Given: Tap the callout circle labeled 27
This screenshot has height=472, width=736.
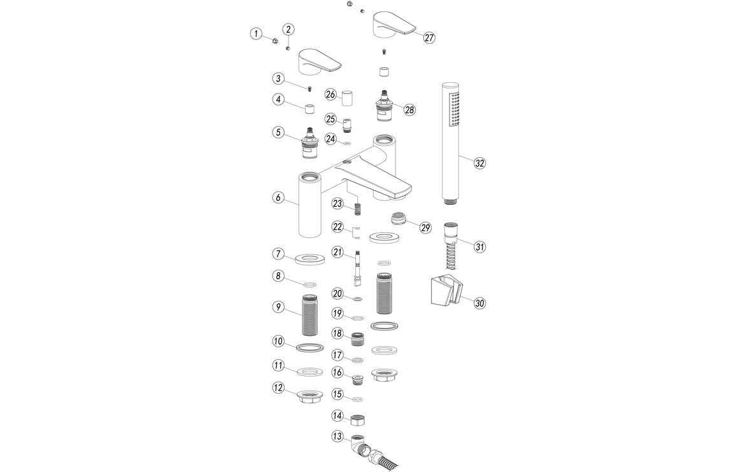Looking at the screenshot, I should pyautogui.click(x=429, y=38).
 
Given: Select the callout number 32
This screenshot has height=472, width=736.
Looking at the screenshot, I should pyautogui.click(x=479, y=163).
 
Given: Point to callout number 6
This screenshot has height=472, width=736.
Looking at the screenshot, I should pyautogui.click(x=278, y=198).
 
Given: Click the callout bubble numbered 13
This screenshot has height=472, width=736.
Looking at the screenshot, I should pyautogui.click(x=337, y=436).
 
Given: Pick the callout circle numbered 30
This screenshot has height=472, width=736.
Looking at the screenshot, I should pyautogui.click(x=479, y=303).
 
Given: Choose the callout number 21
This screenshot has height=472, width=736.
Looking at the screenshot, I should pyautogui.click(x=337, y=253).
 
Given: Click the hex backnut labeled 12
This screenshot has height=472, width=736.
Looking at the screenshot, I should pyautogui.click(x=311, y=399).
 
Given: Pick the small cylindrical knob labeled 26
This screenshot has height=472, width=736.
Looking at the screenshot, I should pyautogui.click(x=347, y=99).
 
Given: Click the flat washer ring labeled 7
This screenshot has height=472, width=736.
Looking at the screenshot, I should pyautogui.click(x=311, y=258).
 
